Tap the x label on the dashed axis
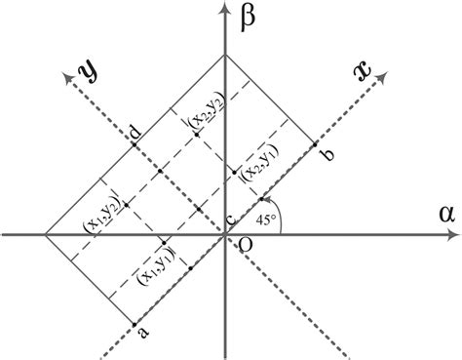coord(363,70)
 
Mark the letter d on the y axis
coord(134,130)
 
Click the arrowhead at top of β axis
coord(225,9)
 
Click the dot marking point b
coord(316,144)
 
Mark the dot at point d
coord(135,144)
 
